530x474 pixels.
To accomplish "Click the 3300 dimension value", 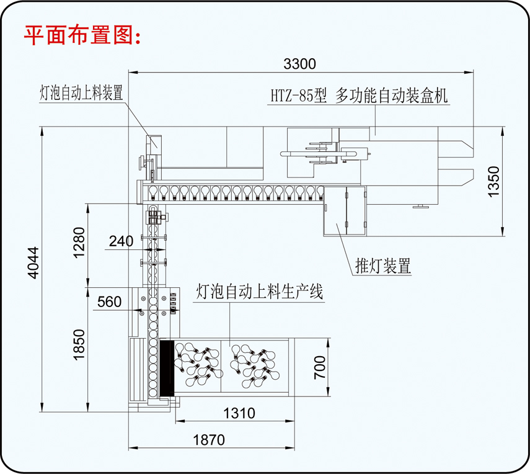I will tap(300, 63).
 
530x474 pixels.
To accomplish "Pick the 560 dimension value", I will tap(109, 302).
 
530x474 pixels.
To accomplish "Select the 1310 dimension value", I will tap(239, 413).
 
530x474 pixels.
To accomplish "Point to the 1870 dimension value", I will tap(208, 440).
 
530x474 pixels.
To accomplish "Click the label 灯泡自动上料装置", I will tap(81, 93).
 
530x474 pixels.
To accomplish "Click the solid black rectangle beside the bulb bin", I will tap(166, 369).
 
